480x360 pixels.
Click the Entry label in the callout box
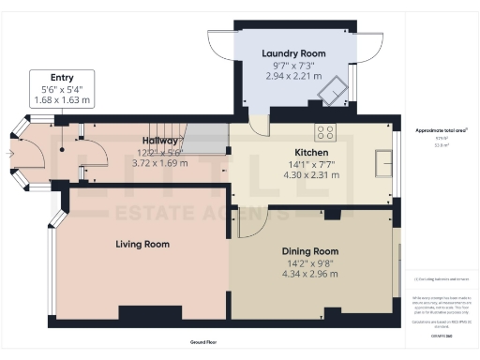[62, 77]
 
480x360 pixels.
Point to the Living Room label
[142, 244]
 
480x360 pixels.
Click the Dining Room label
[309, 251]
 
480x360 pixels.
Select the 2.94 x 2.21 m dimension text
[292, 77]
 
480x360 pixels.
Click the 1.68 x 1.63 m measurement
[62, 99]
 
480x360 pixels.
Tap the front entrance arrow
[10, 153]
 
